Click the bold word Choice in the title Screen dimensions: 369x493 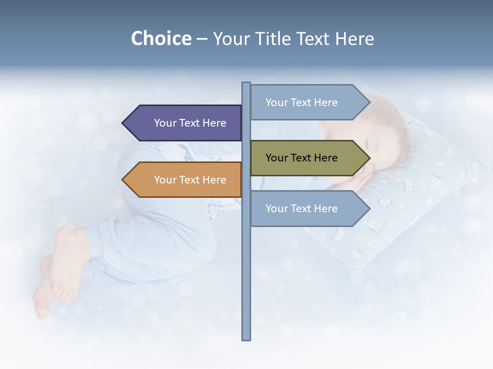(x=161, y=39)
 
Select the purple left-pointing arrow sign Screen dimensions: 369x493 (x=185, y=123)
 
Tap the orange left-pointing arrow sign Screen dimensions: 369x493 (x=185, y=180)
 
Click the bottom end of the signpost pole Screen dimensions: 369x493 (x=246, y=338)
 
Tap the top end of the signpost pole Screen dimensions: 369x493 (x=246, y=84)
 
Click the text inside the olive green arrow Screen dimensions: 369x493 (x=301, y=158)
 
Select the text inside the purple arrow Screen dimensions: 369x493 (x=190, y=123)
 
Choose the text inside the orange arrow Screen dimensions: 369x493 (x=190, y=180)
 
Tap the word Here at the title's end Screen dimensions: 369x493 (x=354, y=39)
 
